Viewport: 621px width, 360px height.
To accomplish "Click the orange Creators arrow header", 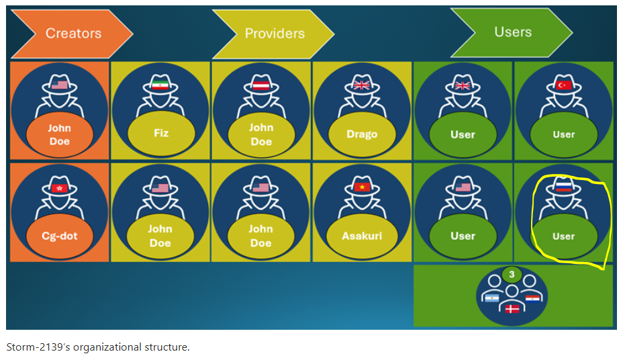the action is [x=72, y=34].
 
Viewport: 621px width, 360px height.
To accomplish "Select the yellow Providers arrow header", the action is [x=273, y=34].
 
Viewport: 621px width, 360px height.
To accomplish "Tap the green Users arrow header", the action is [x=512, y=32].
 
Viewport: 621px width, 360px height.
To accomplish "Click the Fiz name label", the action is [x=161, y=133].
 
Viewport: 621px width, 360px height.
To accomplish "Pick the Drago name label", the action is [x=362, y=134].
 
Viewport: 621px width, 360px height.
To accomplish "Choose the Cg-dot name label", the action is [x=60, y=236].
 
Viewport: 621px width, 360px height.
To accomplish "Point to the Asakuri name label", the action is [x=362, y=236].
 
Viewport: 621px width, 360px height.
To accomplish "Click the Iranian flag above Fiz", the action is [x=160, y=85].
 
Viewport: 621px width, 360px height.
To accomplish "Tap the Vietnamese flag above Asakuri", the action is [x=362, y=187].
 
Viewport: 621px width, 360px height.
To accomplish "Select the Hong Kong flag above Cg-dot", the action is [x=60, y=187].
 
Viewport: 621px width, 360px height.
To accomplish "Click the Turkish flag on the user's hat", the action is [x=563, y=85].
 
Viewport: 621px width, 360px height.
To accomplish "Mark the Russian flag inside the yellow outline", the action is [x=563, y=186].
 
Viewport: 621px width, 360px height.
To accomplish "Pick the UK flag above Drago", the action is [x=362, y=85].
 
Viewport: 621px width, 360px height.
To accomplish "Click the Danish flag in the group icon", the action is [x=512, y=308].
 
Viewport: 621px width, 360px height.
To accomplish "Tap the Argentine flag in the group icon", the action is [x=492, y=298].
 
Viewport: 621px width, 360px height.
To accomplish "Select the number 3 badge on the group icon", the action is [x=512, y=274].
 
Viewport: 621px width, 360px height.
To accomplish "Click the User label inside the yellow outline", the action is [x=563, y=236].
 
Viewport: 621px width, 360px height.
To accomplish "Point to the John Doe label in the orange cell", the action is [x=60, y=134].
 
